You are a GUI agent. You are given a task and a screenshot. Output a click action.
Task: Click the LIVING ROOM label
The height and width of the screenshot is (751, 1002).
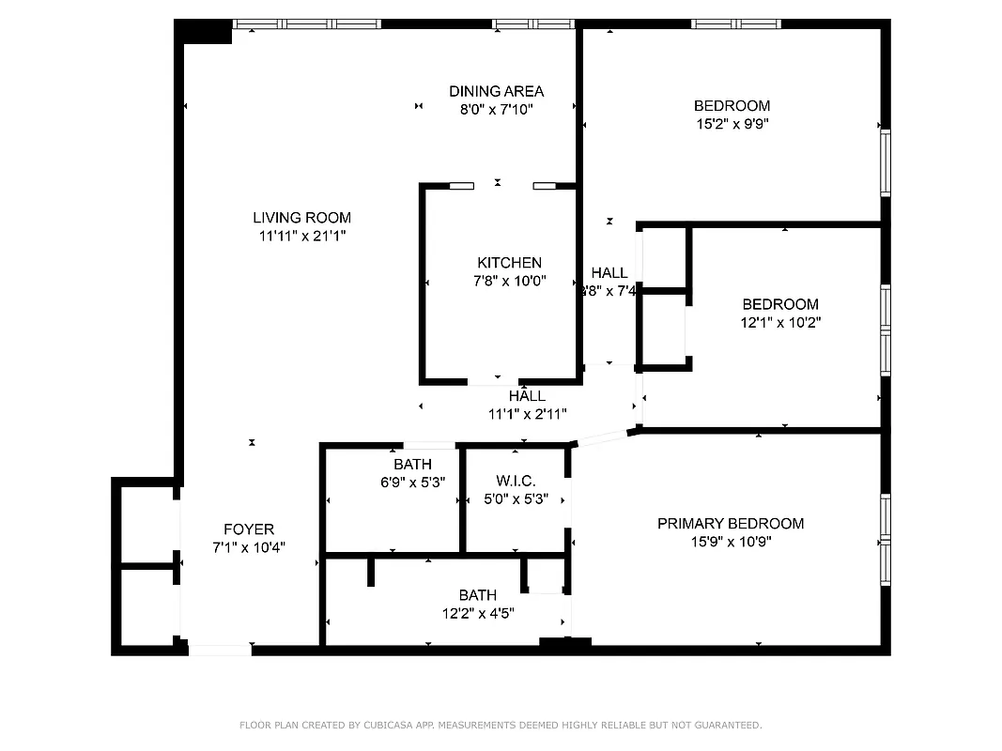click(301, 218)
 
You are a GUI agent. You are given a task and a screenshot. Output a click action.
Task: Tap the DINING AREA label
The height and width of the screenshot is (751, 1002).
click(496, 91)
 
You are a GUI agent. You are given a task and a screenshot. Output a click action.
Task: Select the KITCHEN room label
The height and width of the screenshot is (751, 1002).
click(509, 263)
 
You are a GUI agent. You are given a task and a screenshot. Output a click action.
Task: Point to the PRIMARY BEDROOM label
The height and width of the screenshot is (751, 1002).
click(730, 523)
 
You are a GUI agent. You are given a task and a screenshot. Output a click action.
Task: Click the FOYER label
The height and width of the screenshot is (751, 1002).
click(249, 529)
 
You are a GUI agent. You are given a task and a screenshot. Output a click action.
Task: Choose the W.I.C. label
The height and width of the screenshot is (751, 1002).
click(516, 481)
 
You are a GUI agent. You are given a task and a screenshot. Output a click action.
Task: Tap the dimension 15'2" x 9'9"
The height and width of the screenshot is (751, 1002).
click(732, 123)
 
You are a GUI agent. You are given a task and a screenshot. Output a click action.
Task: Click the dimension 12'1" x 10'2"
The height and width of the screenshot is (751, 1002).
click(780, 322)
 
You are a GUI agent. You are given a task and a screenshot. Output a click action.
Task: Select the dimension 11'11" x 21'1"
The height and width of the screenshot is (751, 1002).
click(301, 237)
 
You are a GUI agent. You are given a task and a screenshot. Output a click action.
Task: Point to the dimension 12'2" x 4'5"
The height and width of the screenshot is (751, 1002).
click(478, 613)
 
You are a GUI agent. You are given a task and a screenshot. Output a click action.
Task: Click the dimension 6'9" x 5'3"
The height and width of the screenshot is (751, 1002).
click(412, 483)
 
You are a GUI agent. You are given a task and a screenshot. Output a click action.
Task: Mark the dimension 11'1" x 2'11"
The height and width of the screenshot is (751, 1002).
click(527, 413)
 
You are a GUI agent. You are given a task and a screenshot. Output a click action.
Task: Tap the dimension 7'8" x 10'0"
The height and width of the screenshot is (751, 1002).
click(509, 281)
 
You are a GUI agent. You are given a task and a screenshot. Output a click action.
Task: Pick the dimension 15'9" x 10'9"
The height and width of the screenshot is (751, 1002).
click(730, 541)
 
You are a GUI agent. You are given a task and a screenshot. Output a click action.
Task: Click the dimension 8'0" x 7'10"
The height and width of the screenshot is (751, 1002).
click(496, 109)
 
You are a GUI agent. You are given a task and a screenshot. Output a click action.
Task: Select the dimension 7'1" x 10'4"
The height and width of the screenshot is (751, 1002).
click(249, 547)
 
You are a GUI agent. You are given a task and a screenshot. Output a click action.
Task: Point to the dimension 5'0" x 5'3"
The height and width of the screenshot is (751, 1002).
click(516, 498)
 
